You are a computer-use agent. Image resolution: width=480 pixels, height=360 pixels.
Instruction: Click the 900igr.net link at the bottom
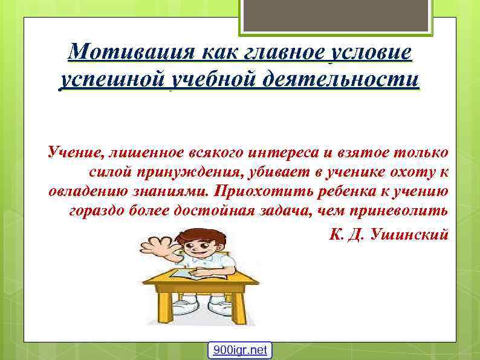coord(240,350)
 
